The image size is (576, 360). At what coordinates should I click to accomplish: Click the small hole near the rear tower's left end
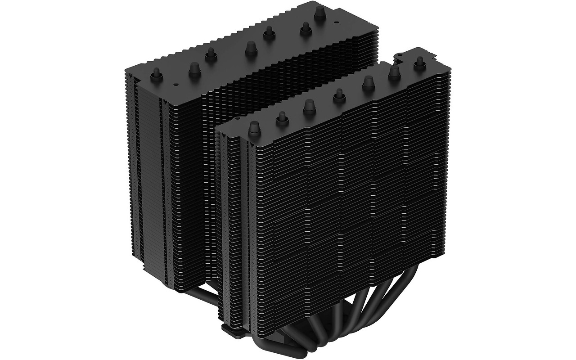176,84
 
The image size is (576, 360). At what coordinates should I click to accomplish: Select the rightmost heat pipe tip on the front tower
419,61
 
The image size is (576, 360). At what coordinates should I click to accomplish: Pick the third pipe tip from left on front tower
310,105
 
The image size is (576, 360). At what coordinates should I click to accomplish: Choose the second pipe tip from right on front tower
395,72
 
